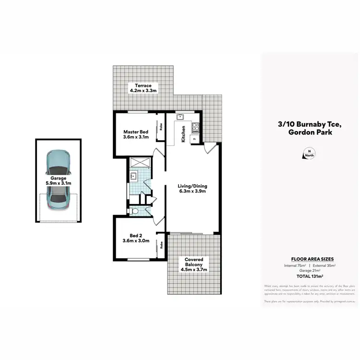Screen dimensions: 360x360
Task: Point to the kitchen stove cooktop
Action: click(x=195, y=128)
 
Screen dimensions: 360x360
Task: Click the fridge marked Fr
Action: click(x=194, y=139)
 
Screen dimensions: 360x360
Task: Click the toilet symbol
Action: click(x=135, y=211)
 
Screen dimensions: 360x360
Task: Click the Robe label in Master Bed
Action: click(x=161, y=128)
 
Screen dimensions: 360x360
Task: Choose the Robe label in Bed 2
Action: click(x=162, y=244)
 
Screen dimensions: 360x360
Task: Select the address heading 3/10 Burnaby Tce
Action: click(x=309, y=124)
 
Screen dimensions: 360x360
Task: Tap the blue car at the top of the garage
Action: click(x=58, y=163)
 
